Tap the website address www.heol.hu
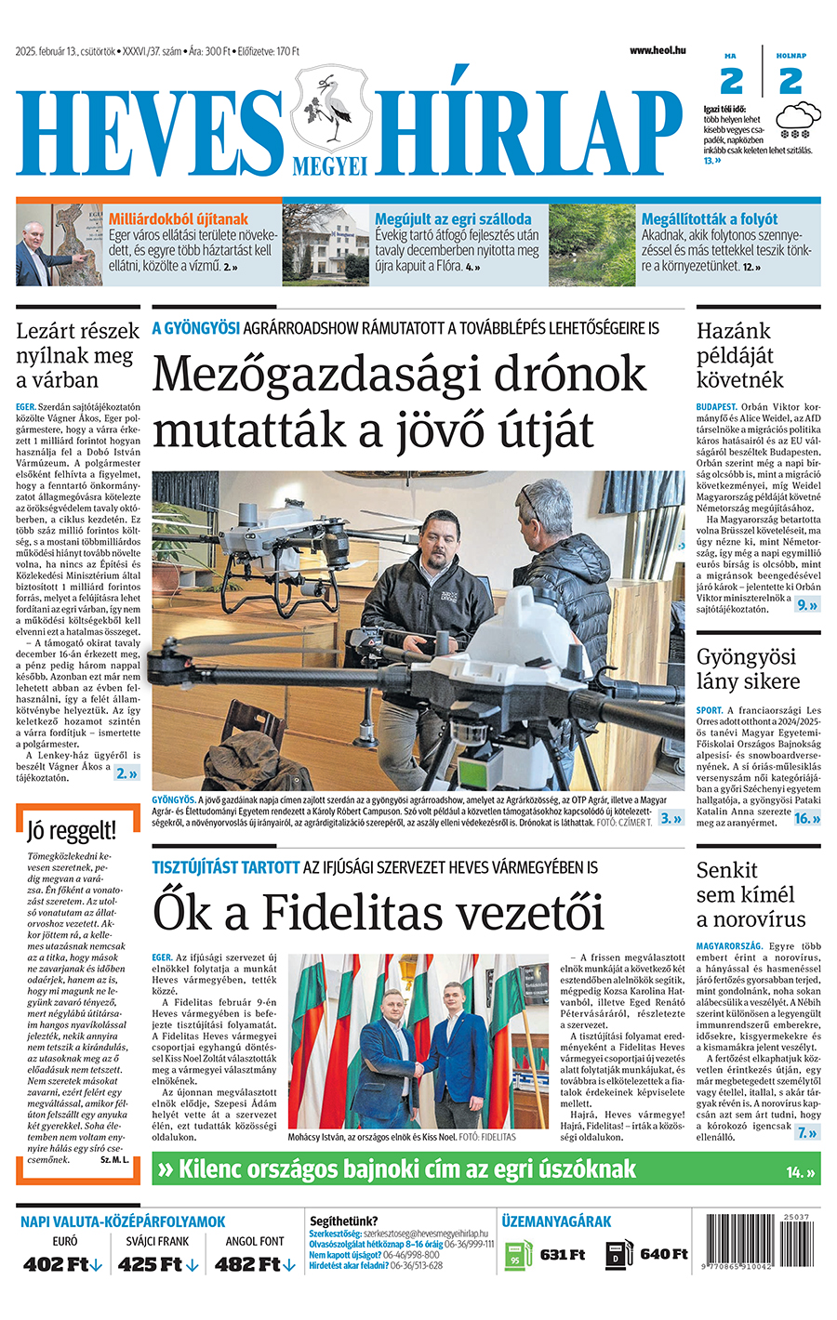657,50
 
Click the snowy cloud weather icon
797,120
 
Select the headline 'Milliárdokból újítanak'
179,219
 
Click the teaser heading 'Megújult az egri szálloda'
453,219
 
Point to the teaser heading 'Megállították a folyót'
709,219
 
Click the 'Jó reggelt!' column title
72,830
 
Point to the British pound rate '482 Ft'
247,1264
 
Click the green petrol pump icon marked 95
514,1256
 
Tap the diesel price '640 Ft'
663,1255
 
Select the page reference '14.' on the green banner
794,1172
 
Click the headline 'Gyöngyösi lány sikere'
748,669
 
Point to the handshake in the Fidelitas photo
417,1070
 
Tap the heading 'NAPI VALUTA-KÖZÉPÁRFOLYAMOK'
123,1221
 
